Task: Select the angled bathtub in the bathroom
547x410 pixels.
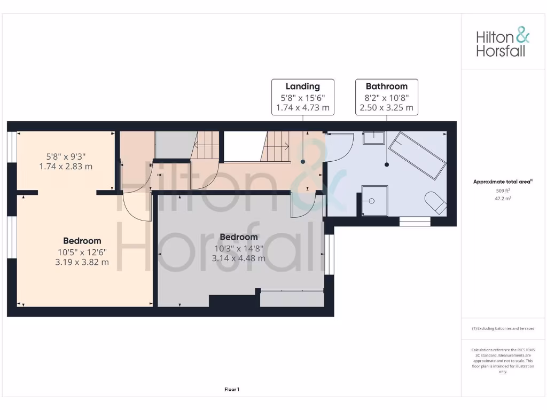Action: point(417,156)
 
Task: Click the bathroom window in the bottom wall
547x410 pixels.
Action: point(415,221)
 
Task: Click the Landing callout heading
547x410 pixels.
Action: point(302,86)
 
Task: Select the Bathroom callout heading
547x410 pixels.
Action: point(386,86)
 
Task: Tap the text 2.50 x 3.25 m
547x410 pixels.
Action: point(386,107)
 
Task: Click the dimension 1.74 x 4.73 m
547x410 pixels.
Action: point(302,107)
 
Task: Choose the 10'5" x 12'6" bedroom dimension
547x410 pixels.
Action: point(82,252)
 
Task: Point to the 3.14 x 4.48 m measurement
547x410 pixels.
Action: point(239,258)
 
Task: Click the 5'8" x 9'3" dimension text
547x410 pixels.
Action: point(66,156)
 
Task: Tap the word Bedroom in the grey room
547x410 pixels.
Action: point(239,237)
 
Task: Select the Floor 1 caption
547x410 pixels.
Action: point(232,390)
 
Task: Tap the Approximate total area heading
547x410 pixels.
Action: point(502,182)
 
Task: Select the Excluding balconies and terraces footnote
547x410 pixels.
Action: point(503,329)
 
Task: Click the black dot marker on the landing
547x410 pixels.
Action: point(302,161)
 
